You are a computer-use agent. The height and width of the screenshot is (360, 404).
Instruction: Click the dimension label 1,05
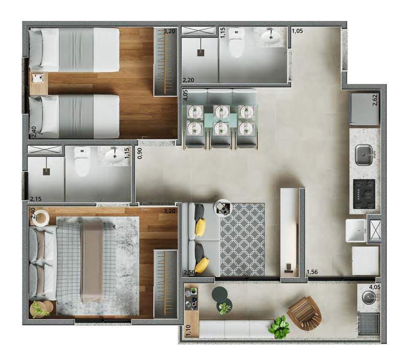[298, 31]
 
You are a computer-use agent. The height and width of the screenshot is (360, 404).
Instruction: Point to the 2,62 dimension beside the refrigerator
[375, 100]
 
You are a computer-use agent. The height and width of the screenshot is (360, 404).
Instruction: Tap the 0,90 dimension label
[140, 153]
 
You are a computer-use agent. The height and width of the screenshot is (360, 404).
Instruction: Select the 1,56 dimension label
[312, 272]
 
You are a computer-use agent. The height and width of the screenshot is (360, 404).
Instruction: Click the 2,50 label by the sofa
[189, 273]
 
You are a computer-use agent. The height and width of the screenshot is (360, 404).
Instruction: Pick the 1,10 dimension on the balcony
[188, 330]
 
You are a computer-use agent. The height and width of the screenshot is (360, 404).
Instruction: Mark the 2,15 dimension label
[36, 199]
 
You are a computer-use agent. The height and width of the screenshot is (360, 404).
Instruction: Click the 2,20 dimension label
[188, 80]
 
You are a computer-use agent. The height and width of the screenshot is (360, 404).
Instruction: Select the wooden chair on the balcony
[305, 313]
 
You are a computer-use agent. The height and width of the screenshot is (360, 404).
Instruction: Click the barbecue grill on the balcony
[369, 324]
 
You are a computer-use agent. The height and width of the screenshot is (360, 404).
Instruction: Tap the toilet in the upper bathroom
[237, 43]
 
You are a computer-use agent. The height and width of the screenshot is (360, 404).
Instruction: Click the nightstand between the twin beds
[38, 83]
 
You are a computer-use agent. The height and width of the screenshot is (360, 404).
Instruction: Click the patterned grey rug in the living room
[242, 239]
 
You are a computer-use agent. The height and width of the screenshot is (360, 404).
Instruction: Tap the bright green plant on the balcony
[279, 327]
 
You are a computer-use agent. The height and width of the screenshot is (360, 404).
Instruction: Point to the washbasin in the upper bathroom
[270, 37]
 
